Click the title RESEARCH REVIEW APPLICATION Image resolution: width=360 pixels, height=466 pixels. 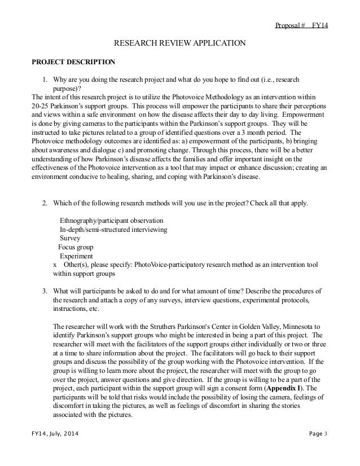(x=180, y=43)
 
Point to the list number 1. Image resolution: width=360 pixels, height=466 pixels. (x=46, y=79)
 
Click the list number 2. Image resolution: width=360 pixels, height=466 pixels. (x=46, y=202)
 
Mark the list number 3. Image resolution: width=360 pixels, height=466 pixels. (x=46, y=291)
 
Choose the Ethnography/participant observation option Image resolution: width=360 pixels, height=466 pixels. (x=112, y=220)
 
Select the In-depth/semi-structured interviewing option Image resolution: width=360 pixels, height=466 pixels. (x=117, y=229)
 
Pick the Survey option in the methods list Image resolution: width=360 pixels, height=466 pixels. (x=71, y=238)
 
